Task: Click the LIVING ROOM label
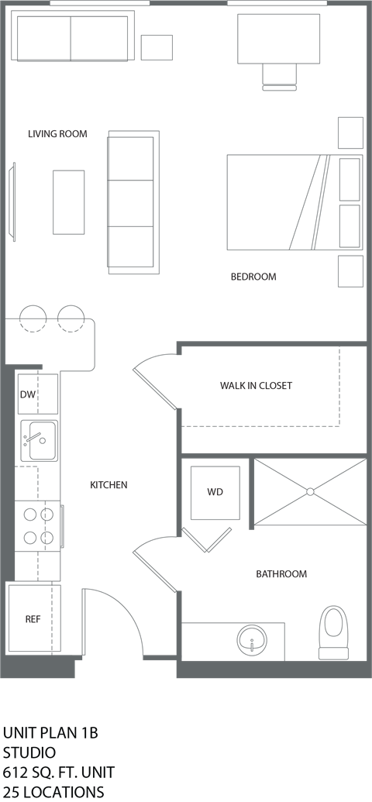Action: pos(57,134)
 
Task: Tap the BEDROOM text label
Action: pos(253,277)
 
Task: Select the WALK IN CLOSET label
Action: pos(256,386)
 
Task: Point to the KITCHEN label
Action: pos(108,485)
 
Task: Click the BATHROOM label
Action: pos(281,574)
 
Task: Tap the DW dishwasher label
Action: pos(27,394)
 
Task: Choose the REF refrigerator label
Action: pos(33,619)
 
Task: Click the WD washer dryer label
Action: pos(215,492)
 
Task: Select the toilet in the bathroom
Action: pos(333,632)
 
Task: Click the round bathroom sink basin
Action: pos(252,639)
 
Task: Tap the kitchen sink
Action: pos(39,440)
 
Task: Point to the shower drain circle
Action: pos(310,491)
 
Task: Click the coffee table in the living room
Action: pos(68,202)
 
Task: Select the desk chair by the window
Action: pos(279,77)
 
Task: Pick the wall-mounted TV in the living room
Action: pos(12,201)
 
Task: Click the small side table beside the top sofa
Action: pos(157,47)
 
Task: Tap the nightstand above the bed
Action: pos(350,133)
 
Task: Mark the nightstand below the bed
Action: pos(350,271)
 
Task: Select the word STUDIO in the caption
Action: pos(29,752)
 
